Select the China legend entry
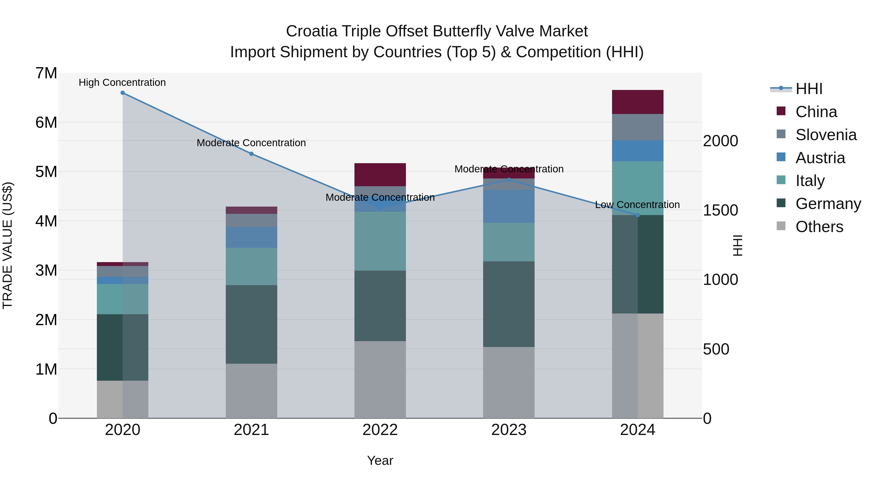[816, 112]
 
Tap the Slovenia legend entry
[825, 135]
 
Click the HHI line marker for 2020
[123, 93]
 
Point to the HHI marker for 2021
[252, 154]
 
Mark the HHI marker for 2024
[637, 215]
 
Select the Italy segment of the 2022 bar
[380, 241]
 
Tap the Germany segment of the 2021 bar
[252, 324]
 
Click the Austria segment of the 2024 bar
[637, 151]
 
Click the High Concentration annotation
[122, 83]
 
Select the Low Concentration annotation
[637, 205]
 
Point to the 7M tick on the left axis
[46, 73]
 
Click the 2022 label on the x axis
[380, 430]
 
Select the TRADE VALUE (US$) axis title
[8, 245]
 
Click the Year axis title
[380, 460]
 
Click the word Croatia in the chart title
[311, 32]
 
